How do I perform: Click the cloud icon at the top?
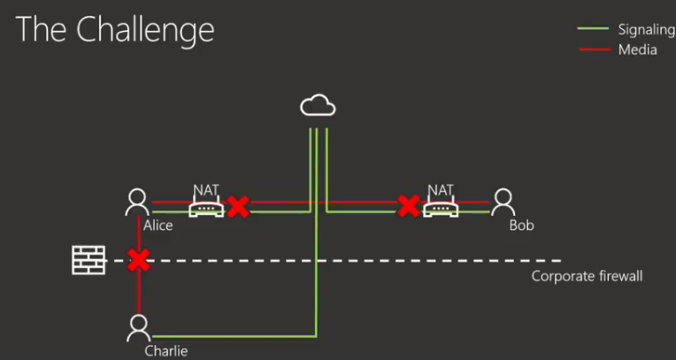(318, 107)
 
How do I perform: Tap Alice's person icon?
(137, 203)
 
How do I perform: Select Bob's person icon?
(503, 203)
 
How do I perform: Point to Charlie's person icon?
(137, 328)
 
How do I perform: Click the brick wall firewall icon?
(88, 260)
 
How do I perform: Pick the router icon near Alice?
(205, 209)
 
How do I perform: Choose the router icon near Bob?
(440, 209)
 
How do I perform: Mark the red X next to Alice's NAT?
(237, 207)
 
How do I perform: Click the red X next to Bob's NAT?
(408, 206)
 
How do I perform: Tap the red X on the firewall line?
(138, 260)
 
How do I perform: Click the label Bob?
(521, 226)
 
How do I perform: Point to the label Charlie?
(166, 351)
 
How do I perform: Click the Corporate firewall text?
(587, 276)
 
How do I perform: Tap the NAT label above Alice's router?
(205, 189)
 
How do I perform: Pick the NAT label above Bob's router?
(440, 189)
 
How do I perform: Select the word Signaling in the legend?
(646, 29)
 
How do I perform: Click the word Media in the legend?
(637, 50)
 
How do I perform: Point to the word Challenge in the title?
(145, 30)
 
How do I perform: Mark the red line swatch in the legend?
(595, 50)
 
